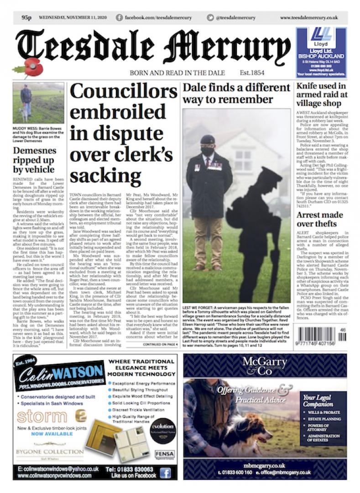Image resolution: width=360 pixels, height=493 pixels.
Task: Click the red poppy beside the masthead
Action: coord(33,68)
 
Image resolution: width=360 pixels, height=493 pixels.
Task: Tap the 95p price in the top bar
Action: coord(26,17)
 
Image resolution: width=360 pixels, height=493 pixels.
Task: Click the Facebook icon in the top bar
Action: coord(119,17)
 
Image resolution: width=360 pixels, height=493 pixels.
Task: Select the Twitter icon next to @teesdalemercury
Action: coord(210,17)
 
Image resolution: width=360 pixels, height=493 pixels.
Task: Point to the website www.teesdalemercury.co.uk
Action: coord(308,17)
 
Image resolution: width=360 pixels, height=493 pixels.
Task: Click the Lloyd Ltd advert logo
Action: coord(321,37)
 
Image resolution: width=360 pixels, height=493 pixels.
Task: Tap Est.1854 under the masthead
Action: coord(252,73)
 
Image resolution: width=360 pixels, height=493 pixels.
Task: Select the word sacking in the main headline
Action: coord(106,175)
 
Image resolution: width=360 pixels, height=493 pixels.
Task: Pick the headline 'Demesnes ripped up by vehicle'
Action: coord(35,160)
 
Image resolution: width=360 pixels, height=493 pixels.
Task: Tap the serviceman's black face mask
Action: coord(208,151)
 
